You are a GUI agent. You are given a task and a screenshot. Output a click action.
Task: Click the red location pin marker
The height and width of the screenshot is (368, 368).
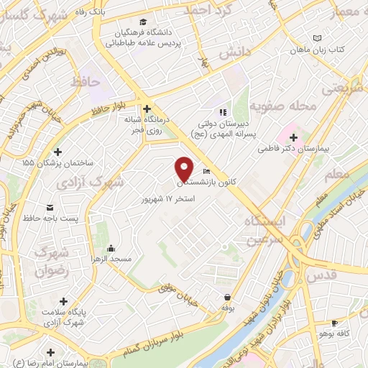point(185,168)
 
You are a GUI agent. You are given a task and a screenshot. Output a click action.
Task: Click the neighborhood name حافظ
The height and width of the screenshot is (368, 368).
point(84,81)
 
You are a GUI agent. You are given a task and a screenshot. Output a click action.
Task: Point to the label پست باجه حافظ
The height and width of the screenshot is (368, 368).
point(48,217)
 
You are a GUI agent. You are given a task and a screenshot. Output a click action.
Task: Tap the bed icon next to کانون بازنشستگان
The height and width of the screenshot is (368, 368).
point(207,172)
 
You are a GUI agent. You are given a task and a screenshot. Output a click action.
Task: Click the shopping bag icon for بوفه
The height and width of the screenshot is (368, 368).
point(227,297)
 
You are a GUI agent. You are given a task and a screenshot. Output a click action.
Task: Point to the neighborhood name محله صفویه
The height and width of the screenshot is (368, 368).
point(293,107)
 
